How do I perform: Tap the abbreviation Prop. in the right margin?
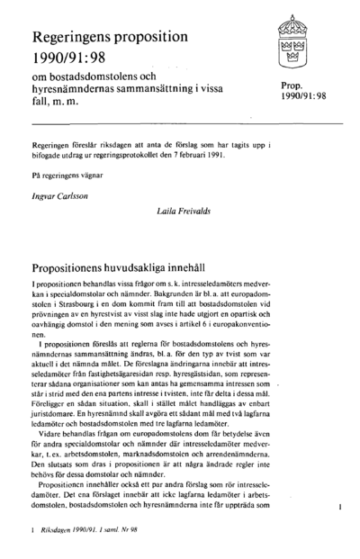pos(294,85)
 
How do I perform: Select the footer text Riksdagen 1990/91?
pos(68,532)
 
